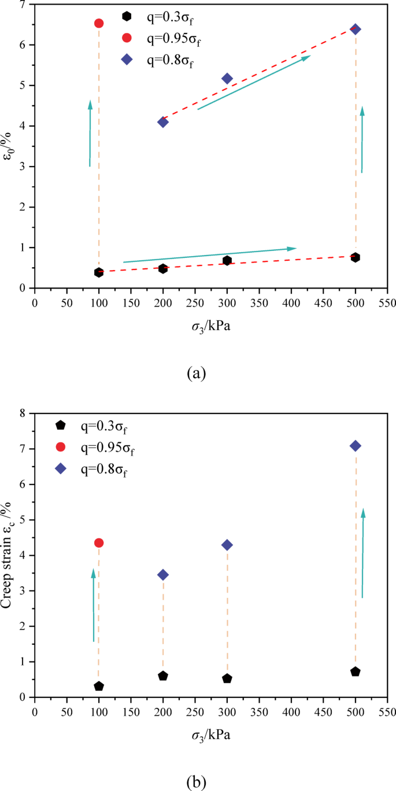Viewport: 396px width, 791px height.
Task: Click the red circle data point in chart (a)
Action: pyautogui.click(x=99, y=23)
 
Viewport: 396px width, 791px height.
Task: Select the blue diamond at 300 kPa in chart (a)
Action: pyautogui.click(x=227, y=79)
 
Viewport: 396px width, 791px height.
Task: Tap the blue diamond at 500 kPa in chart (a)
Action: pyautogui.click(x=356, y=29)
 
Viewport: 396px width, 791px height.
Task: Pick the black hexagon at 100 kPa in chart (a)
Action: pyautogui.click(x=99, y=272)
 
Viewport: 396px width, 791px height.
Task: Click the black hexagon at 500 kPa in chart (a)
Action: pyautogui.click(x=356, y=257)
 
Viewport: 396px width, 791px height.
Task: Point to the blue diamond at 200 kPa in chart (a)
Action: pyautogui.click(x=163, y=122)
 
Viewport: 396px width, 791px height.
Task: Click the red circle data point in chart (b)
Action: pyautogui.click(x=99, y=543)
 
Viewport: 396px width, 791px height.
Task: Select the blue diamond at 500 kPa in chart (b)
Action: pyautogui.click(x=356, y=446)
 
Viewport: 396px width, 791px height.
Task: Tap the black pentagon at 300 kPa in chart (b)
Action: pyautogui.click(x=227, y=678)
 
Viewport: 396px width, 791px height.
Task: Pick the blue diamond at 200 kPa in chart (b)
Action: pyautogui.click(x=163, y=575)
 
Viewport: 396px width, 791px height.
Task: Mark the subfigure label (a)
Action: pyautogui.click(x=197, y=373)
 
